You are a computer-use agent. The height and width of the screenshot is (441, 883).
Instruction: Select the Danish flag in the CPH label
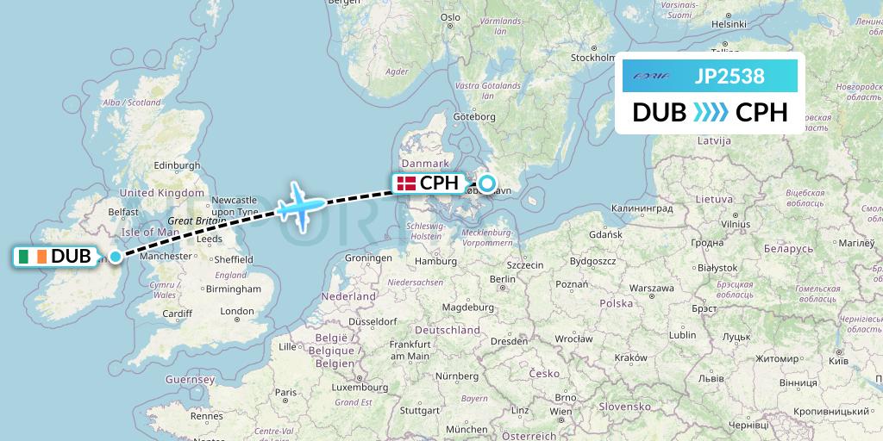click(405, 183)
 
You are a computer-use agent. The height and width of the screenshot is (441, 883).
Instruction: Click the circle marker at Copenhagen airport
click(487, 183)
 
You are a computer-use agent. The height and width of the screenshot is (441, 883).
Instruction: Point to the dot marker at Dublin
click(115, 256)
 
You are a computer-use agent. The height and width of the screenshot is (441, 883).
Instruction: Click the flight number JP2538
click(730, 76)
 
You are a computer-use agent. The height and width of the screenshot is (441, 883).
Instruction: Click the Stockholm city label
click(592, 58)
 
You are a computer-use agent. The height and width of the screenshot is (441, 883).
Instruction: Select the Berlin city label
click(501, 279)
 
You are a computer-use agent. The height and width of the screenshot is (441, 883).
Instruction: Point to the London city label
click(237, 311)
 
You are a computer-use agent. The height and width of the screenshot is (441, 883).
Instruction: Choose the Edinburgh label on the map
click(176, 165)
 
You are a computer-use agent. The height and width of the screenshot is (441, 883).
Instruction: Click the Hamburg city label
click(435, 261)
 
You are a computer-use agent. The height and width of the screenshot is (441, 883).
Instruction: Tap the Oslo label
click(450, 16)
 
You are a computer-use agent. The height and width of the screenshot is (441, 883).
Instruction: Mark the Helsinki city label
click(729, 24)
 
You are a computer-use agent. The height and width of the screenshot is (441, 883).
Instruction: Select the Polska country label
click(617, 303)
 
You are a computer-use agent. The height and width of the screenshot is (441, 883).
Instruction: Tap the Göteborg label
click(473, 116)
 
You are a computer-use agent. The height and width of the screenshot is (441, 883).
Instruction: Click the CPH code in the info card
click(761, 112)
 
